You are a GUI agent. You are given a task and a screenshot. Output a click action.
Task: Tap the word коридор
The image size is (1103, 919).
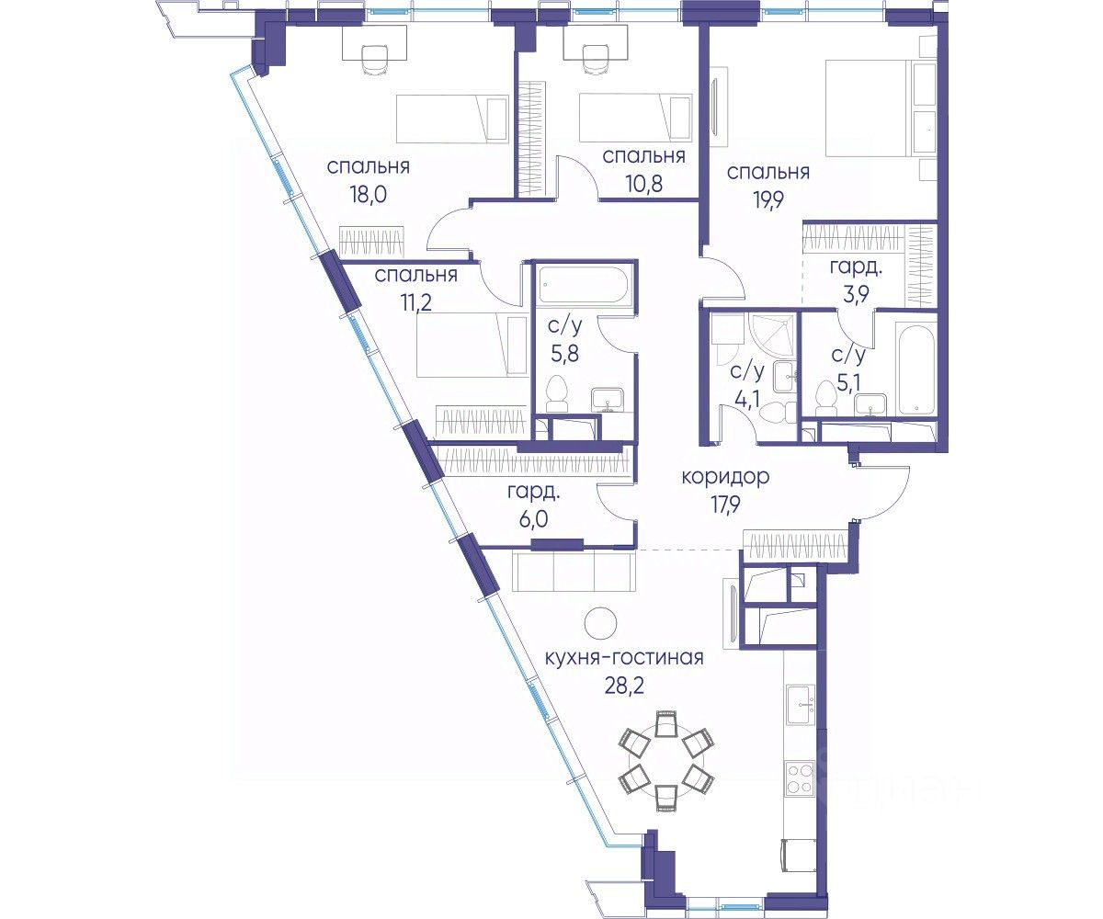725,478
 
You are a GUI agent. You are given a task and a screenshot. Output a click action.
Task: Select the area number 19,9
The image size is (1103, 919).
768,199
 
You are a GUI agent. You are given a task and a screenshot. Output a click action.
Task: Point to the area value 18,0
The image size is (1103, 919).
368,194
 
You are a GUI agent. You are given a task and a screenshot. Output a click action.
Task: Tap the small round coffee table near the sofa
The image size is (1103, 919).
600,624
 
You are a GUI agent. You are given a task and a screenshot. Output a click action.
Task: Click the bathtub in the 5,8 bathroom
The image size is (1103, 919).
582,286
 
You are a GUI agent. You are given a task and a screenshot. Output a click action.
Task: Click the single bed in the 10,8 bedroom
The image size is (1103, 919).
635,118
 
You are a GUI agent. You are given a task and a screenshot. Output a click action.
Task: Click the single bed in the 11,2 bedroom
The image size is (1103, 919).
472,345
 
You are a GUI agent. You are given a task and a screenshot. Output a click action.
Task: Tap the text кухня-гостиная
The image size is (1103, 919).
624,658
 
